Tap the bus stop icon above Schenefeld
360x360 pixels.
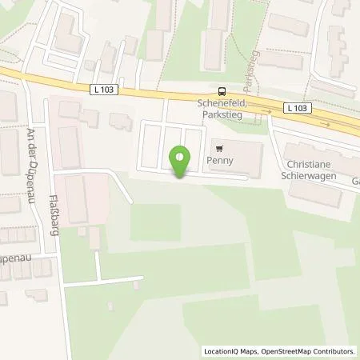click(x=222, y=92)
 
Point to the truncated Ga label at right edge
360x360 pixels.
click(x=354, y=181)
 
